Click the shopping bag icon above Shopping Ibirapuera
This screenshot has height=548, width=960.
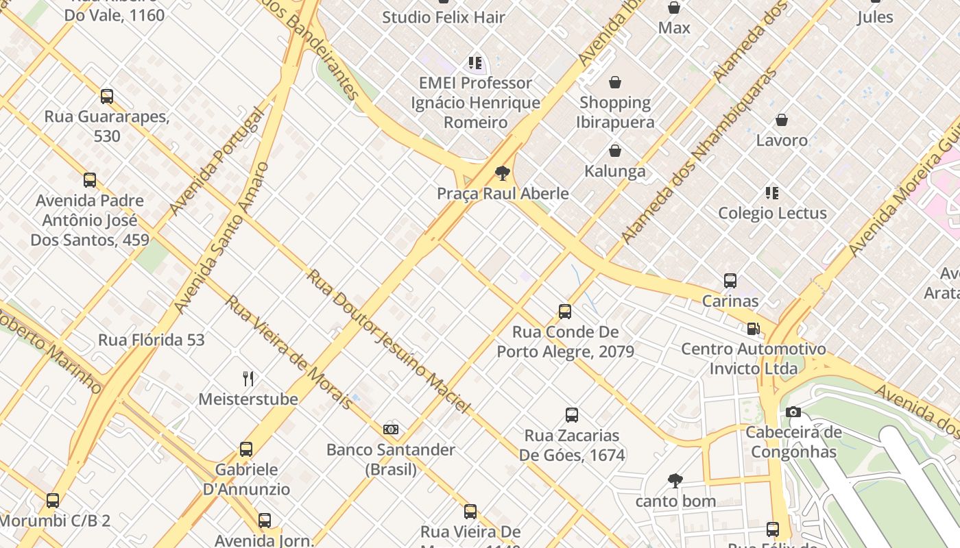pyautogui.click(x=615, y=82)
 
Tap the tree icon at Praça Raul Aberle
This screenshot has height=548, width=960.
pyautogui.click(x=503, y=173)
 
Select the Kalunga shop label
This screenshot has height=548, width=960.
pyautogui.click(x=615, y=171)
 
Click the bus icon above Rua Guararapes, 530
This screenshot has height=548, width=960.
pyautogui.click(x=107, y=97)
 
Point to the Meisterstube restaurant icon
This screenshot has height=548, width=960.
pyautogui.click(x=248, y=378)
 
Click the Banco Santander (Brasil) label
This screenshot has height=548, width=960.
pyautogui.click(x=390, y=460)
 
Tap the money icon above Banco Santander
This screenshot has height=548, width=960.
pyautogui.click(x=391, y=429)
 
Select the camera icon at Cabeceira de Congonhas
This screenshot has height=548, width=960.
pyautogui.click(x=793, y=412)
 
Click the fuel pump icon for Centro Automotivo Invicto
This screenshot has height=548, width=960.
pyautogui.click(x=753, y=329)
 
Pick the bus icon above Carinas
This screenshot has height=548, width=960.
pyautogui.click(x=730, y=281)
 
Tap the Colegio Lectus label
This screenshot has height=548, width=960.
pyautogui.click(x=772, y=213)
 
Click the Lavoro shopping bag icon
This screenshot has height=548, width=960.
pyautogui.click(x=782, y=121)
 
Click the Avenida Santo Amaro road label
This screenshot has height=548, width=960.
pyautogui.click(x=221, y=238)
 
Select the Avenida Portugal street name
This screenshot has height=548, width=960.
pyautogui.click(x=215, y=162)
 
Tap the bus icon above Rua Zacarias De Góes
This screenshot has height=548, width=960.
pyautogui.click(x=572, y=415)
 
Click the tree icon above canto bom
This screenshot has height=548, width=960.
pyautogui.click(x=675, y=481)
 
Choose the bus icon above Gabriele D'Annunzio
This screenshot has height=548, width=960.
pyautogui.click(x=246, y=449)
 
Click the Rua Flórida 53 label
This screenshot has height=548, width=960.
pyautogui.click(x=151, y=340)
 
